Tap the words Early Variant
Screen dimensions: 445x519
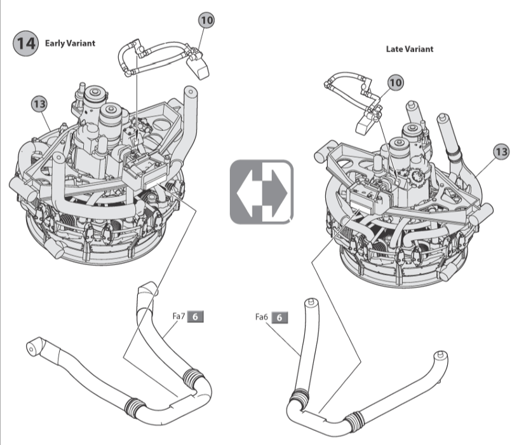click(70, 43)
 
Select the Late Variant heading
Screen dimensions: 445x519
click(410, 49)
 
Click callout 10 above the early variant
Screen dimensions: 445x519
click(206, 20)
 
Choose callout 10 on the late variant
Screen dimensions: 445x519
click(395, 83)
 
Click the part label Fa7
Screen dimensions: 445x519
click(179, 315)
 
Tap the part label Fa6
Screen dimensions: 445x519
click(262, 317)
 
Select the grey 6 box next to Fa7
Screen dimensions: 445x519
click(196, 315)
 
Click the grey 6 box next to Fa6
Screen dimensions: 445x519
click(280, 317)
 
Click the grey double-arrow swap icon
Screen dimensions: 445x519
click(262, 192)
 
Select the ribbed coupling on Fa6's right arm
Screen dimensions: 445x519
click(353, 420)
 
